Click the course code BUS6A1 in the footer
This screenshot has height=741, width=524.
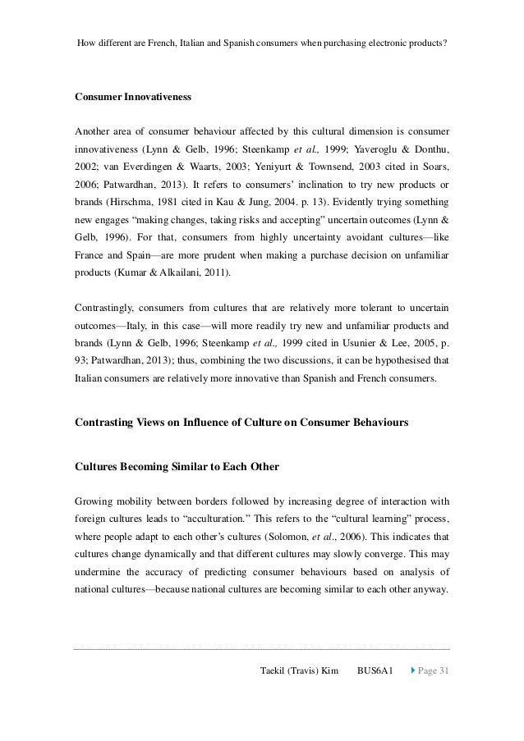pos(375,672)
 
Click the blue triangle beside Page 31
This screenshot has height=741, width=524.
pos(413,672)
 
